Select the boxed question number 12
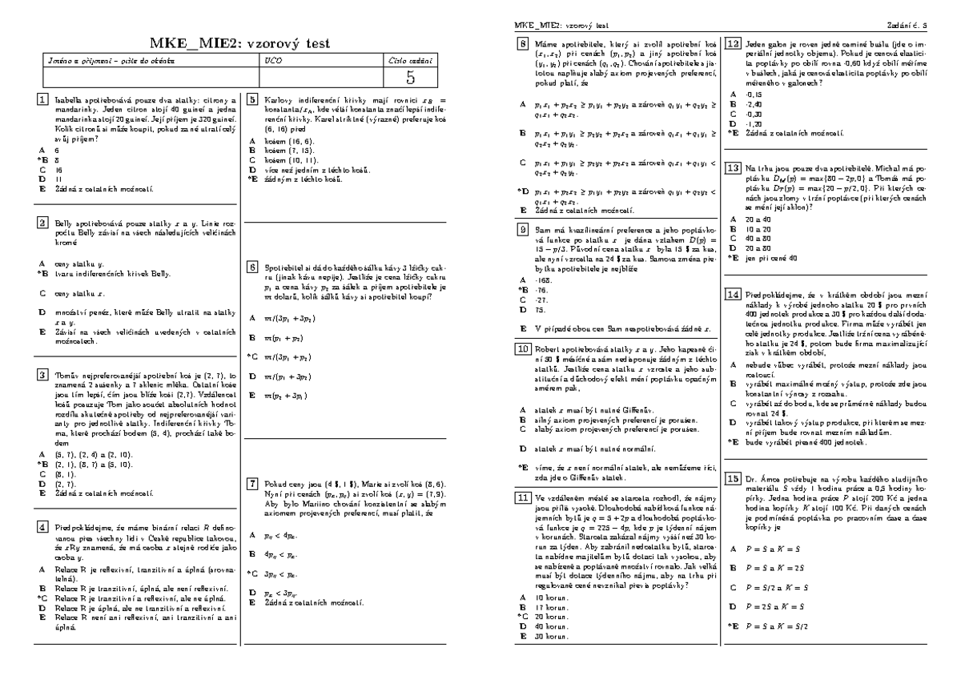(x=732, y=45)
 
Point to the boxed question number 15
(x=732, y=479)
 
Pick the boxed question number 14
(x=732, y=294)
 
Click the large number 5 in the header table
(x=410, y=78)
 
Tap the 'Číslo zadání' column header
(x=410, y=60)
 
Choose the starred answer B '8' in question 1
(x=57, y=160)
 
